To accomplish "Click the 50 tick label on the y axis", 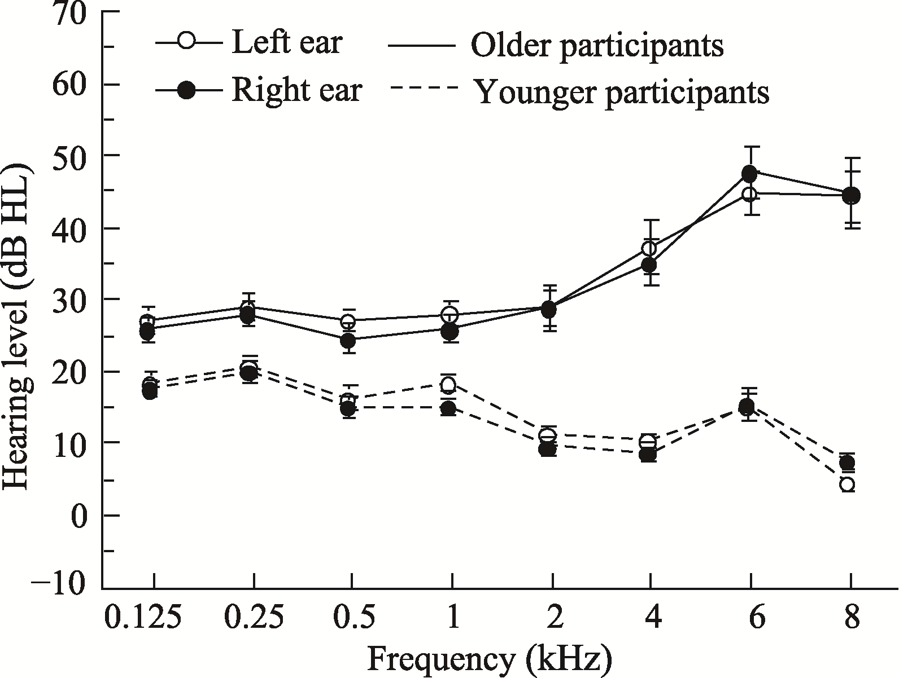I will [x=70, y=156].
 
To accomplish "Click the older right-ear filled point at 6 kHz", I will [x=749, y=173].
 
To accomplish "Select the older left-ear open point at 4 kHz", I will [x=649, y=248].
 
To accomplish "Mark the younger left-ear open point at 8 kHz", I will [x=846, y=485].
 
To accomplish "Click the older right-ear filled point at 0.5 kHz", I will [x=348, y=341].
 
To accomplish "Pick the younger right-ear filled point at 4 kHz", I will [x=648, y=454].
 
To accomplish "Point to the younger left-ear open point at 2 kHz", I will [x=547, y=435].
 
